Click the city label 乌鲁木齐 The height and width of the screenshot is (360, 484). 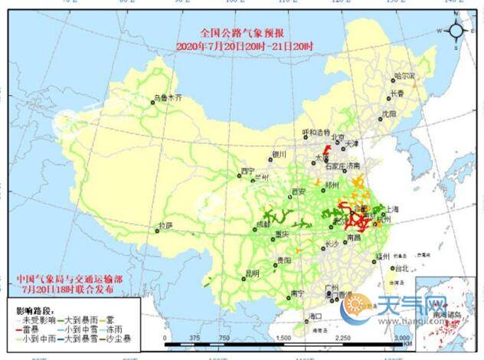[168, 98]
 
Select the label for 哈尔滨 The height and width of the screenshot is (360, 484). [403, 77]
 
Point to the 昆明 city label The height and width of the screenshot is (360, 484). [253, 272]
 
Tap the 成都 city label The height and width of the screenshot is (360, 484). [263, 224]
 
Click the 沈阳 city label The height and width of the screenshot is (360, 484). [390, 113]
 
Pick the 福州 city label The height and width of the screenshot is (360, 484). [384, 256]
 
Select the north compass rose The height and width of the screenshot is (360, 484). [456, 31]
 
